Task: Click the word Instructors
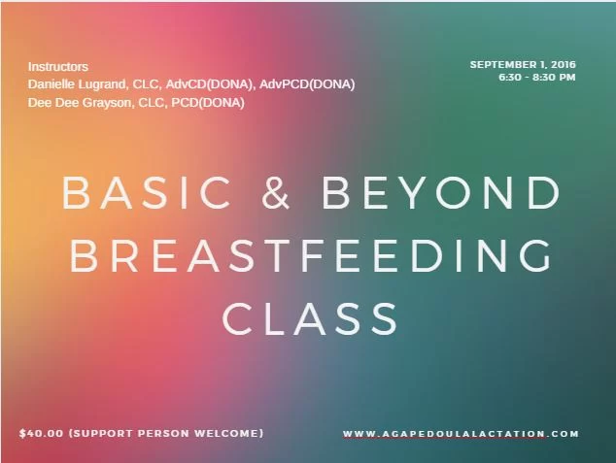tap(58, 67)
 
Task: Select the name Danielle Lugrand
tap(77, 84)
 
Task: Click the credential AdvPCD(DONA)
tap(307, 84)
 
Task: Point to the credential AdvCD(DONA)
tap(209, 84)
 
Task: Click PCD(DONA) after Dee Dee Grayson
tap(208, 103)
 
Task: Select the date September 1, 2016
tap(523, 64)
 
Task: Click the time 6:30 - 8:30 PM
tap(537, 77)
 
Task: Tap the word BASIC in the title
tap(146, 192)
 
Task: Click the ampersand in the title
tap(275, 192)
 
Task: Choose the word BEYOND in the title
tap(441, 192)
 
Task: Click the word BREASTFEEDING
tap(310, 255)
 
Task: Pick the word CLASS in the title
tap(310, 318)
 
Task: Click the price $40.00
tap(41, 433)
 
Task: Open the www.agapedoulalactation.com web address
tap(461, 434)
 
